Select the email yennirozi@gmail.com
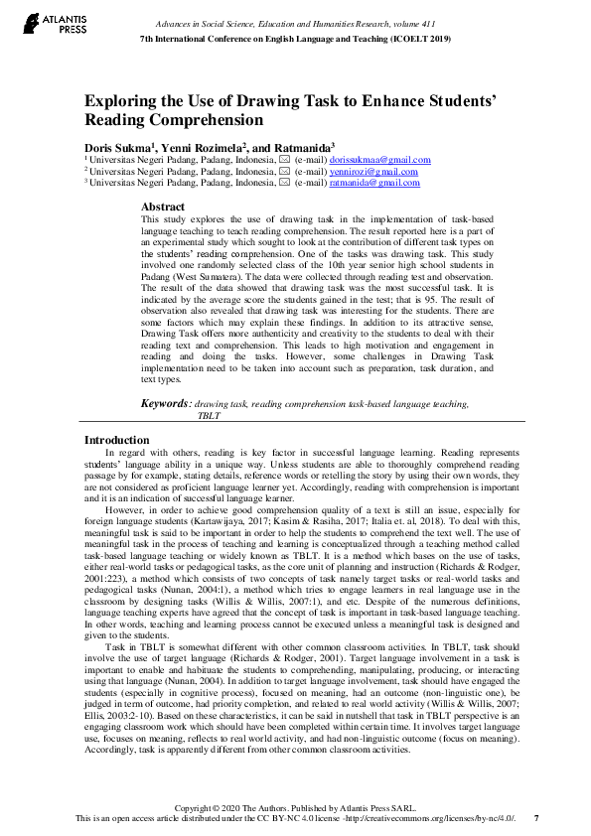click(x=373, y=172)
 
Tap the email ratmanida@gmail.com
click(x=374, y=183)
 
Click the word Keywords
click(x=164, y=404)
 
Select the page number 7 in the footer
click(x=537, y=818)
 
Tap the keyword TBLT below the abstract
click(x=208, y=417)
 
